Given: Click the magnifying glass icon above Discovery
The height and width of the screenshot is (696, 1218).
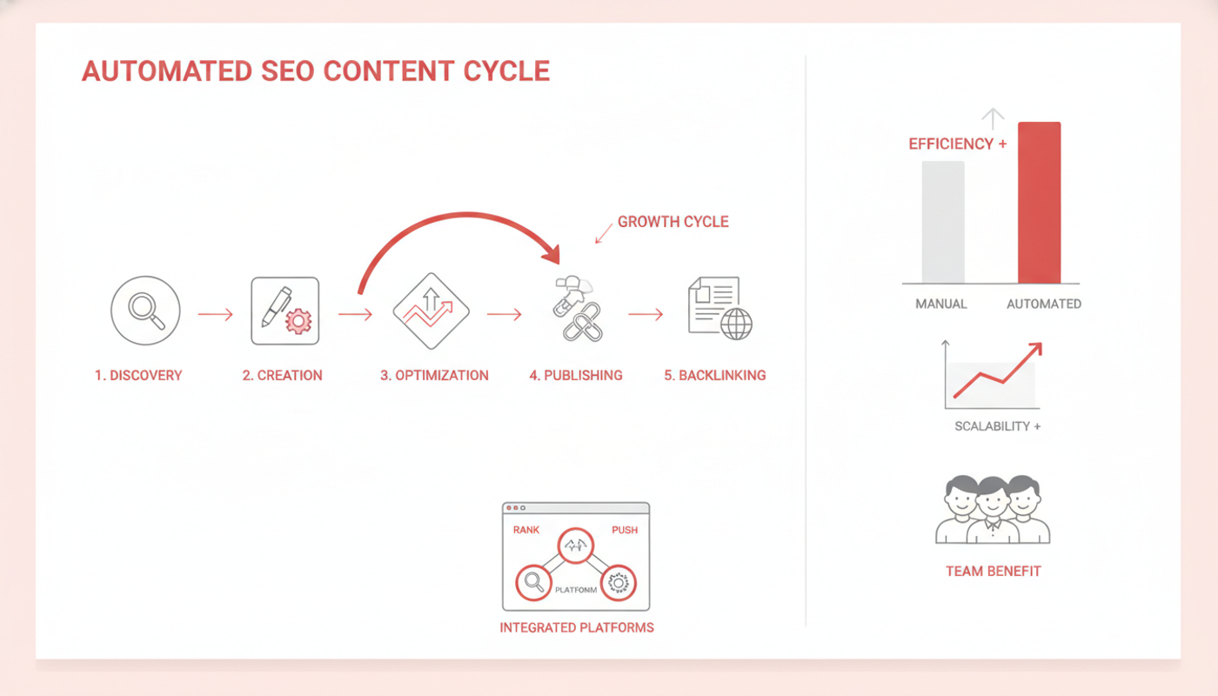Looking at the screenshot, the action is click(x=145, y=311).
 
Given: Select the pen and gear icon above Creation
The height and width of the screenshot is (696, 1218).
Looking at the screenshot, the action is click(x=285, y=311).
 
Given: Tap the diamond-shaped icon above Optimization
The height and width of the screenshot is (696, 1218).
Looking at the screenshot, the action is click(x=432, y=311).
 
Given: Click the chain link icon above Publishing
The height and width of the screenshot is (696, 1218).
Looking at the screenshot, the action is click(x=579, y=309).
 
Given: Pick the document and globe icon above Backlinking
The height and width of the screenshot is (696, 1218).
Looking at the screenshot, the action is click(x=720, y=308).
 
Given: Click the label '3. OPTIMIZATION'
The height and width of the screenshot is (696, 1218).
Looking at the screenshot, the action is click(x=434, y=375).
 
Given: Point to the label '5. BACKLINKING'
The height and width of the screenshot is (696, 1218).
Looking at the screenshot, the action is click(x=715, y=375).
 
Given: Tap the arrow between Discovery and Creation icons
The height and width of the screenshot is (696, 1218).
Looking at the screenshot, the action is click(x=216, y=314).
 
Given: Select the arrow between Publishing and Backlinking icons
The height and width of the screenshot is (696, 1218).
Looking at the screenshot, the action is click(x=646, y=314).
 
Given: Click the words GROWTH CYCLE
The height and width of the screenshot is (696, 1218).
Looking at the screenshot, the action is click(x=673, y=222).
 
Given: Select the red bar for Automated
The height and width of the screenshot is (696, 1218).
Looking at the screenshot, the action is click(x=1039, y=202).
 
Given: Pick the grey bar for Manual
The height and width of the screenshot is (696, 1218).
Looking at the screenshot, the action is click(x=943, y=222).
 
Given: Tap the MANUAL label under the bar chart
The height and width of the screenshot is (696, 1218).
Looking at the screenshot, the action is click(x=941, y=304).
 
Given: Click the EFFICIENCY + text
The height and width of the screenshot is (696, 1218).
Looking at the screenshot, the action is click(x=958, y=144).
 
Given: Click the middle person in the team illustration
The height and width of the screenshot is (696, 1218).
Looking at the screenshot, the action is click(x=993, y=510).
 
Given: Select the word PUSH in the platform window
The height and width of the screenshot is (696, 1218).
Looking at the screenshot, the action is click(x=625, y=530).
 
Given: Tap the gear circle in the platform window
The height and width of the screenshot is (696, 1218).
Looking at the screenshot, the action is click(x=619, y=583).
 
